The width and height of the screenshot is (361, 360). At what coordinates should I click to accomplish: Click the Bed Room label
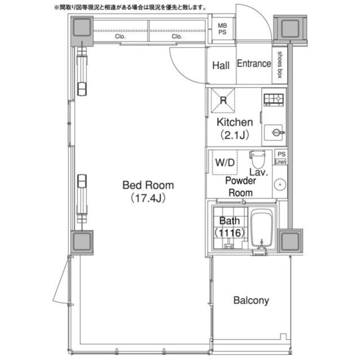click(148, 185)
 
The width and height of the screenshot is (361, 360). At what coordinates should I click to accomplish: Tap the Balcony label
click(251, 300)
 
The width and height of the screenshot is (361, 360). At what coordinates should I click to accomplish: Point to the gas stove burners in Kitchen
click(274, 100)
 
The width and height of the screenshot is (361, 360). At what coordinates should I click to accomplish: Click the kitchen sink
click(274, 132)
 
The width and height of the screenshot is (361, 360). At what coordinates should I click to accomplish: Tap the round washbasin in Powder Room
click(280, 184)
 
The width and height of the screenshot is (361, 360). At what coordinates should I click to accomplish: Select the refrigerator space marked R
click(223, 100)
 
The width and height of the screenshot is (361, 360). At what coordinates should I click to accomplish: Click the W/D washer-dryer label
click(225, 163)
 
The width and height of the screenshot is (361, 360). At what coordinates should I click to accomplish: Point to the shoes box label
click(280, 65)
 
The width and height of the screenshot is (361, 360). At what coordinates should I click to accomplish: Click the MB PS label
click(222, 29)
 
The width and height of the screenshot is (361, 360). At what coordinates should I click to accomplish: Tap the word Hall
click(221, 65)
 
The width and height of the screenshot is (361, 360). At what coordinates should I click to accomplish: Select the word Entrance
click(254, 64)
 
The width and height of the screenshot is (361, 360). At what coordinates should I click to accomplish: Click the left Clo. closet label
click(120, 36)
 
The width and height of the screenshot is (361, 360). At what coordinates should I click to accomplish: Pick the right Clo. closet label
click(177, 36)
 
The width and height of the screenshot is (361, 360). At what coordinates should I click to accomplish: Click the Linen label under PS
click(281, 162)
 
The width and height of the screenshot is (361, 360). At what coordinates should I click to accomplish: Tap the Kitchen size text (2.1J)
click(235, 135)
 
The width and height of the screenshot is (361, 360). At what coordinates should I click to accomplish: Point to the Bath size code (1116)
click(230, 233)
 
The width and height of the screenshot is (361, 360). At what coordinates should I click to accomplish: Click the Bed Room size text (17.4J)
click(148, 198)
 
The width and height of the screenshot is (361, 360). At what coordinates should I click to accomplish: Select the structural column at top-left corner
click(82, 28)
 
